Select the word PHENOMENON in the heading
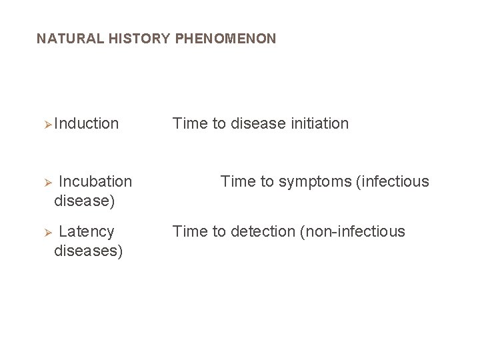225,39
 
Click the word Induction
87,123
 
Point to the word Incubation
95,181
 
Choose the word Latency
87,231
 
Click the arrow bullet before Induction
47,124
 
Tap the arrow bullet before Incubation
47,182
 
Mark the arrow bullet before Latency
47,232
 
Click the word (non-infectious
353,231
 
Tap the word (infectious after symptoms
393,181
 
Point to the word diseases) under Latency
88,251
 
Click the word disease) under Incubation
84,200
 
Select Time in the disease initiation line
190,123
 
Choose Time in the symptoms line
238,181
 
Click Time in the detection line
190,231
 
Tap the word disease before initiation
259,123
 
